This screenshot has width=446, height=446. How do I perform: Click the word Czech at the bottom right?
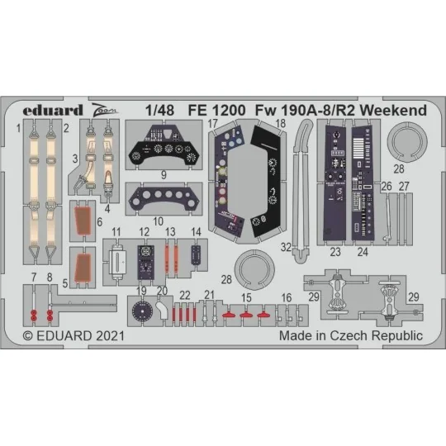353,335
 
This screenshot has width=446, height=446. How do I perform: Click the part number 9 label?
164,175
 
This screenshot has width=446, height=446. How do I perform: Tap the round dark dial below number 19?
142,313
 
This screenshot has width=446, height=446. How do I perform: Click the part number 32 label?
284,245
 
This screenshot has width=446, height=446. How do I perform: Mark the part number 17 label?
213,125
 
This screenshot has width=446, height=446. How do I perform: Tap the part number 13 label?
170,232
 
